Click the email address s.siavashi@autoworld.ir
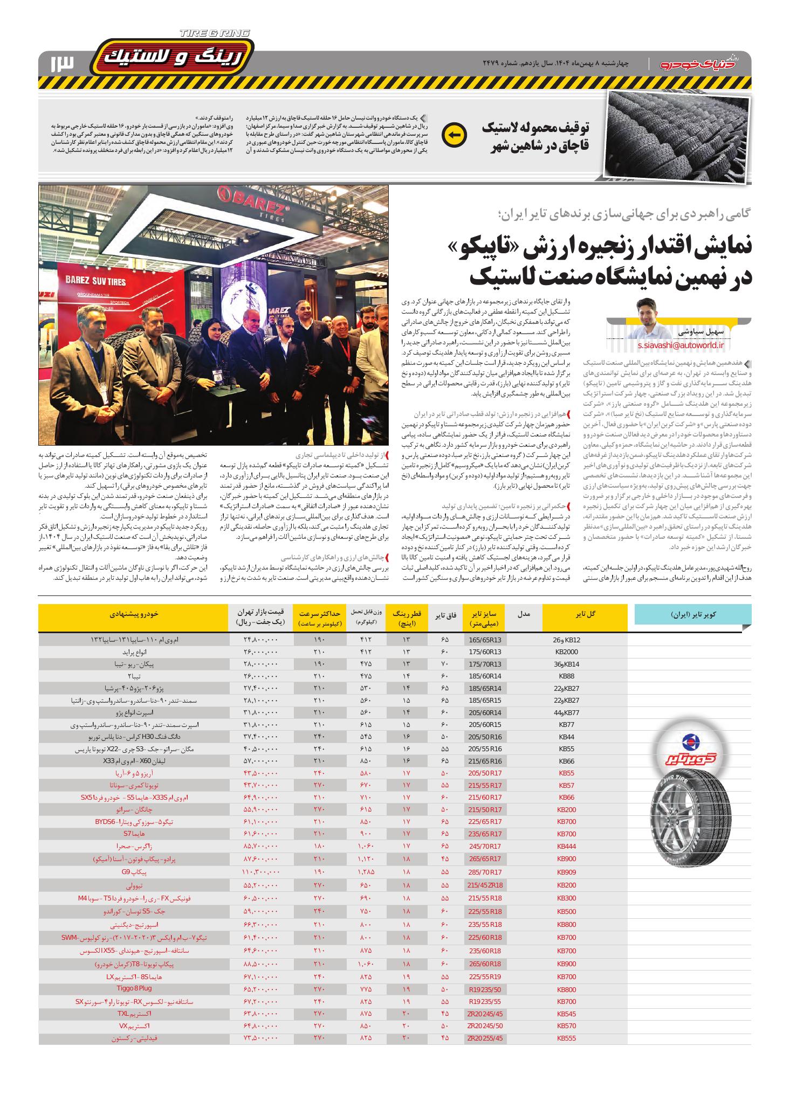(x=680, y=345)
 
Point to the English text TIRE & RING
(x=215, y=33)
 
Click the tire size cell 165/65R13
(x=485, y=640)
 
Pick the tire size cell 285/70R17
(x=485, y=871)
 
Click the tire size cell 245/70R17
(x=485, y=846)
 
